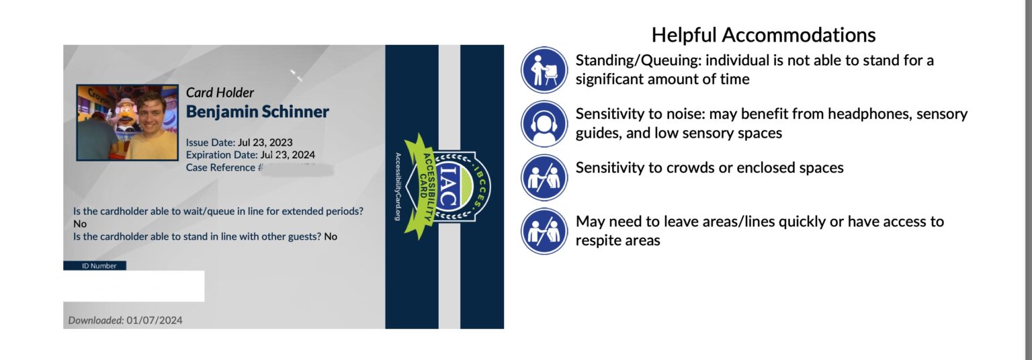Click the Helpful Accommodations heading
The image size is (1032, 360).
[764, 35]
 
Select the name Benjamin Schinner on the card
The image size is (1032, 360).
[257, 111]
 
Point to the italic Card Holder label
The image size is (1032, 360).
[220, 93]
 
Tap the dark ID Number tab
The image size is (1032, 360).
[95, 266]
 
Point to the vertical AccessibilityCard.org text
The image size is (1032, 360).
[398, 186]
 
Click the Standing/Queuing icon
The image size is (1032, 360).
[544, 70]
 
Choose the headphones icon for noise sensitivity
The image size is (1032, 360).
[544, 124]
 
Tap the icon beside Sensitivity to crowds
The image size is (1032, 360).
[544, 177]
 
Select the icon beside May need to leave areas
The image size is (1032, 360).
[544, 231]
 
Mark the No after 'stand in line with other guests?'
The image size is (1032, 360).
[331, 237]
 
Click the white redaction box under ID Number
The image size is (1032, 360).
[134, 286]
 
